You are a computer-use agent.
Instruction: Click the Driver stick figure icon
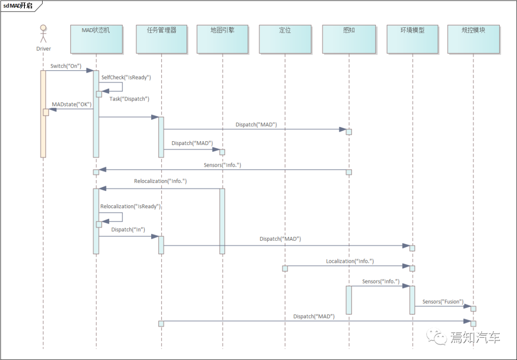pyautogui.click(x=43, y=34)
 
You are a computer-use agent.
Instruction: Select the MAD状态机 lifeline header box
pyautogui.click(x=96, y=39)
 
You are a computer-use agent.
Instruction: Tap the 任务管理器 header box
pyautogui.click(x=162, y=39)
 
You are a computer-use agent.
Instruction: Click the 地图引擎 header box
pyautogui.click(x=223, y=39)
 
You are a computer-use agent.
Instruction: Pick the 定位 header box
pyautogui.click(x=285, y=39)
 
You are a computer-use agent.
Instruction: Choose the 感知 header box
pyautogui.click(x=349, y=39)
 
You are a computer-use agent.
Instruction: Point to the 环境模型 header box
pyautogui.click(x=412, y=39)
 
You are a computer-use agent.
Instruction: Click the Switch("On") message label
pyautogui.click(x=66, y=66)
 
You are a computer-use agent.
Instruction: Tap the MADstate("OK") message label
pyautogui.click(x=71, y=104)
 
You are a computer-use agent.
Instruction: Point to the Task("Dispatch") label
pyautogui.click(x=129, y=99)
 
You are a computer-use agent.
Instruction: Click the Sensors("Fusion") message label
pyautogui.click(x=443, y=302)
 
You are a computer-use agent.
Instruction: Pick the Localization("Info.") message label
pyautogui.click(x=350, y=261)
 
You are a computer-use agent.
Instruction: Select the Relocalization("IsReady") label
pyautogui.click(x=130, y=206)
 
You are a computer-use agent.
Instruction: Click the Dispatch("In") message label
pyautogui.click(x=128, y=230)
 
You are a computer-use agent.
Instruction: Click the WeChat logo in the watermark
pyautogui.click(x=437, y=337)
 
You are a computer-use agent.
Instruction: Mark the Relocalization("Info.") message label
pyautogui.click(x=160, y=181)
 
